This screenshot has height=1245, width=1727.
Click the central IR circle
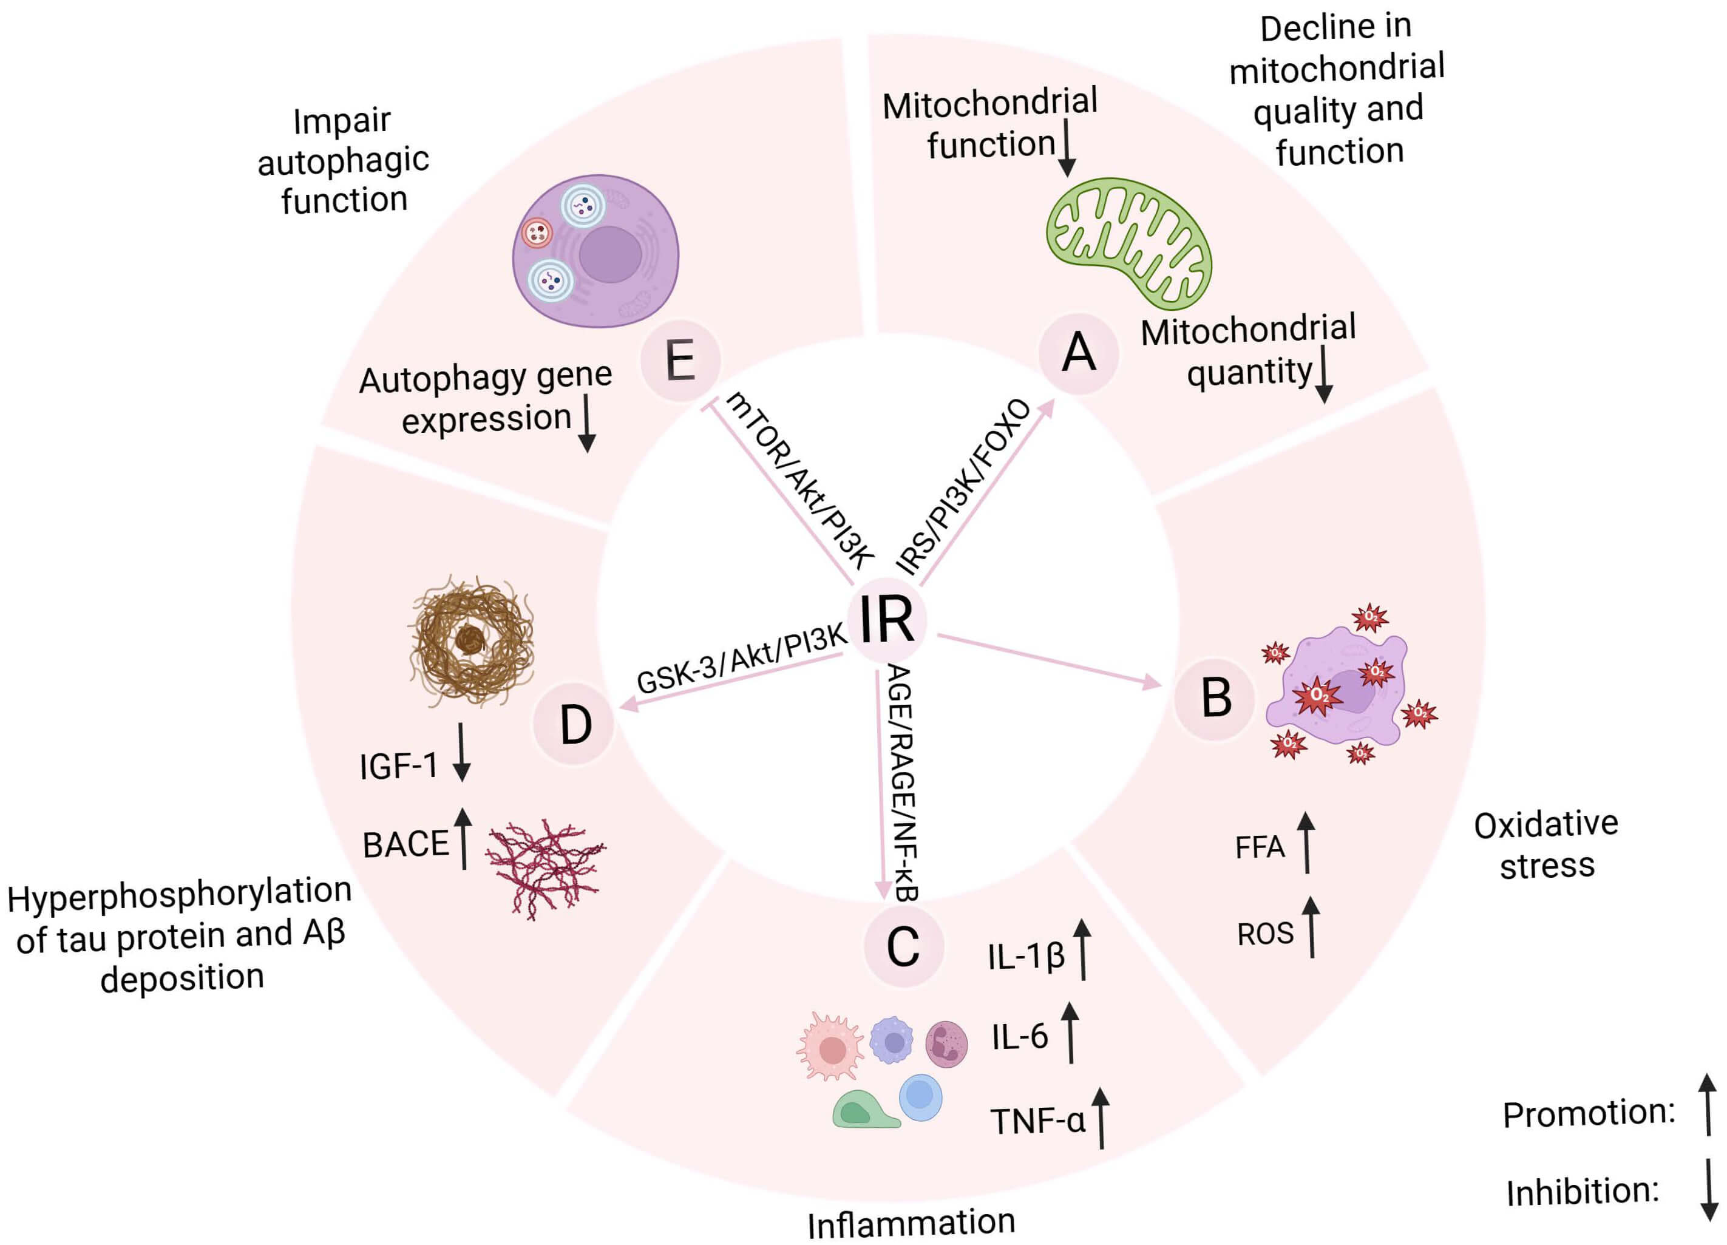pyautogui.click(x=886, y=620)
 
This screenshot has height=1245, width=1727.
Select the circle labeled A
pyautogui.click(x=1078, y=353)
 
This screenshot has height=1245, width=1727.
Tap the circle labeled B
pyautogui.click(x=1215, y=697)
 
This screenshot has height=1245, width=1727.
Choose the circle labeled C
pyautogui.click(x=903, y=948)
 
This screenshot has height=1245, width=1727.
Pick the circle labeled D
pyautogui.click(x=575, y=724)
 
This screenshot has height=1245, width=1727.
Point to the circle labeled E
pyautogui.click(x=680, y=360)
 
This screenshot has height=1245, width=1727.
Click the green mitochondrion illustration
pyautogui.click(x=1128, y=242)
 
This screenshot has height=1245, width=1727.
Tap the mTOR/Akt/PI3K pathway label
pyautogui.click(x=799, y=481)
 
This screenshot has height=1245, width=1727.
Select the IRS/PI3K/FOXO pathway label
pyautogui.click(x=963, y=487)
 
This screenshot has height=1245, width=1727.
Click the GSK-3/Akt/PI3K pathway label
pyautogui.click(x=741, y=659)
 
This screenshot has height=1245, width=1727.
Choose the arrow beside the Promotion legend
pyautogui.click(x=1708, y=1105)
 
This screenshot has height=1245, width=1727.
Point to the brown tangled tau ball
pyautogui.click(x=470, y=640)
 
